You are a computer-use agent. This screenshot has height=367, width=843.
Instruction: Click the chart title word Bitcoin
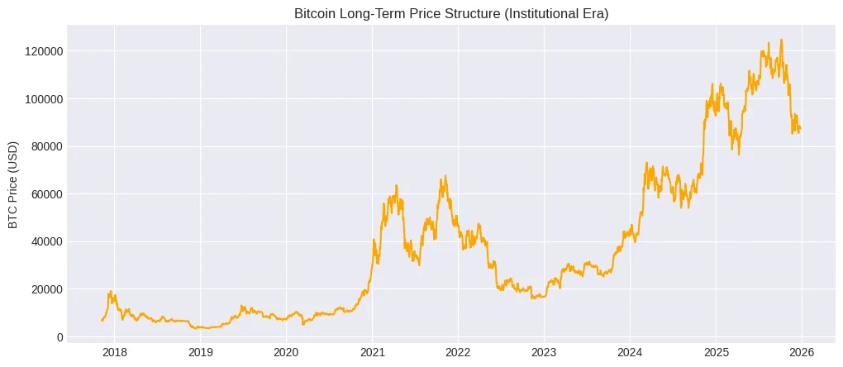(x=315, y=13)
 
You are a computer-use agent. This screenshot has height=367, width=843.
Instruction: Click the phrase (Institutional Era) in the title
(x=538, y=13)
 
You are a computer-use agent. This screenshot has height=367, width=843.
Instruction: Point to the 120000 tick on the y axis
(x=40, y=51)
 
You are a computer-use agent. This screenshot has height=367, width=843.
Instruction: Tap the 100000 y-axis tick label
(x=40, y=99)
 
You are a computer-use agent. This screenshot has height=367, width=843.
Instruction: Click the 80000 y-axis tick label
(x=44, y=147)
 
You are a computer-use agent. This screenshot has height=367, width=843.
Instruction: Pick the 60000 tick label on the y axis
(x=44, y=194)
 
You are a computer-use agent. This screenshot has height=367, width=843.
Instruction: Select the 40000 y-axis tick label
(x=44, y=242)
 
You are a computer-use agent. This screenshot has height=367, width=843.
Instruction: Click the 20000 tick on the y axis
(x=44, y=289)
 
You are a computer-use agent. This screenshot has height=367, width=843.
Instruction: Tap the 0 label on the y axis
(x=58, y=337)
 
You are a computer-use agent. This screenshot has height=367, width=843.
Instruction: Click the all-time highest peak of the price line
(x=782, y=40)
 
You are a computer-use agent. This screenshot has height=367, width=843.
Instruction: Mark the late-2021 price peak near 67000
(x=445, y=176)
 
